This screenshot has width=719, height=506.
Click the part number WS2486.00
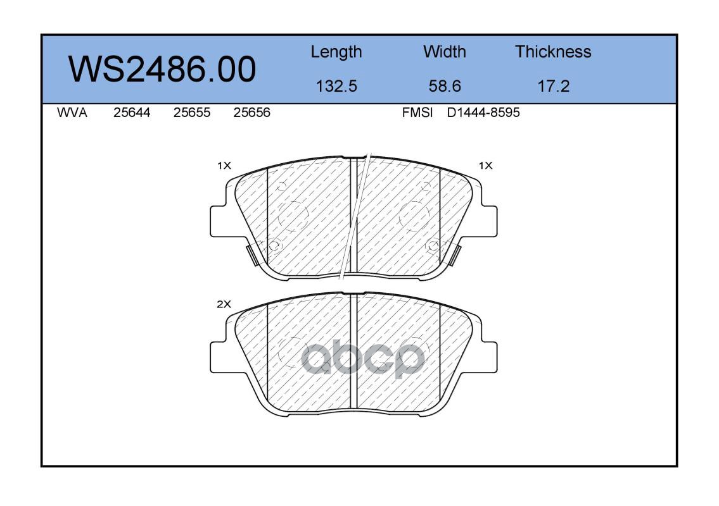coord(162,70)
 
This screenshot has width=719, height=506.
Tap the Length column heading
coord(336,52)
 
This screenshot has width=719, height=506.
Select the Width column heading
coord(444,52)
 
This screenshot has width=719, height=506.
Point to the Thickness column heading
coord(553,52)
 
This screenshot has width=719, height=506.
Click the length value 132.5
coord(336,86)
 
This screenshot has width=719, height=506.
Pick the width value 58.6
coord(444,86)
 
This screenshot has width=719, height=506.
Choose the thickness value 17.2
coord(553,86)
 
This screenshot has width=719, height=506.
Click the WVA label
coord(72,113)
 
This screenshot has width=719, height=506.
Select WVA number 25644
coord(132,113)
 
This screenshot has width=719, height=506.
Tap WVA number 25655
coord(192,113)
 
